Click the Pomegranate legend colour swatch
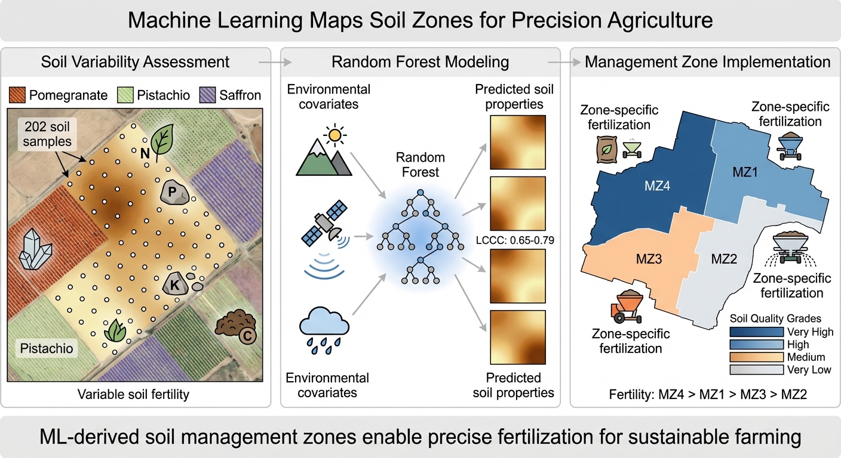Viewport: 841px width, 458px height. pyautogui.click(x=17, y=95)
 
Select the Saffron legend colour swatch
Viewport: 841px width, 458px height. pyautogui.click(x=207, y=95)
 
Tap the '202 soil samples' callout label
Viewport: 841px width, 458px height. pyautogui.click(x=47, y=134)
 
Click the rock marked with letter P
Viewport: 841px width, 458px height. pyautogui.click(x=174, y=192)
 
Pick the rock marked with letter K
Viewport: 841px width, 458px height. pyautogui.click(x=176, y=284)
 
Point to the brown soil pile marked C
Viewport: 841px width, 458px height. pyautogui.click(x=236, y=326)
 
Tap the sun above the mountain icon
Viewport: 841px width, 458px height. pyautogui.click(x=334, y=135)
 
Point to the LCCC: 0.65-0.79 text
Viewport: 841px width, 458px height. pyautogui.click(x=515, y=240)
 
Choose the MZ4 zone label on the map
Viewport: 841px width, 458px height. pyautogui.click(x=657, y=186)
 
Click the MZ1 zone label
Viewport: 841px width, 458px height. pyautogui.click(x=745, y=172)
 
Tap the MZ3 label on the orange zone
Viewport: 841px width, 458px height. pyautogui.click(x=649, y=259)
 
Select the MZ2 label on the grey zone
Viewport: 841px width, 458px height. pyautogui.click(x=724, y=259)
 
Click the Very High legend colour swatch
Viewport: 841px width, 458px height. pyautogui.click(x=757, y=332)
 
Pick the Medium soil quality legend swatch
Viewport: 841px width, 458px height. pyautogui.click(x=757, y=357)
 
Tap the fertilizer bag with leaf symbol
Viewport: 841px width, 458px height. pyautogui.click(x=607, y=149)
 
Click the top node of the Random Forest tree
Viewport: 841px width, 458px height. pyautogui.click(x=420, y=192)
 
